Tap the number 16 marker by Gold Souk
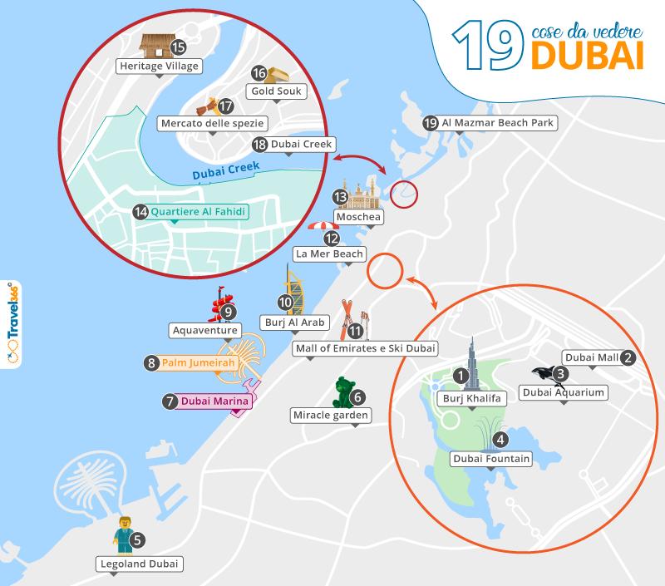pyautogui.click(x=259, y=73)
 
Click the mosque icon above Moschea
pyautogui.click(x=359, y=195)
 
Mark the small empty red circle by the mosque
pyautogui.click(x=404, y=195)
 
